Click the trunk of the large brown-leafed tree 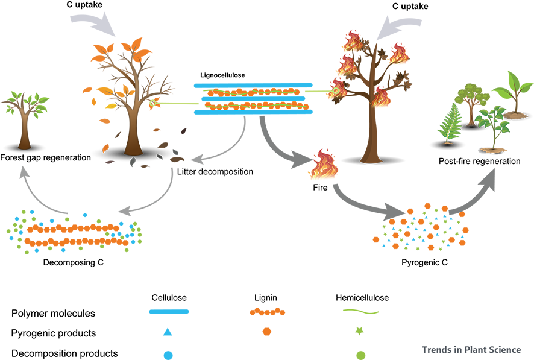click(131, 130)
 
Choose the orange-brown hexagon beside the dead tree click(160, 129)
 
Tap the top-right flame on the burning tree click(397, 54)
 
